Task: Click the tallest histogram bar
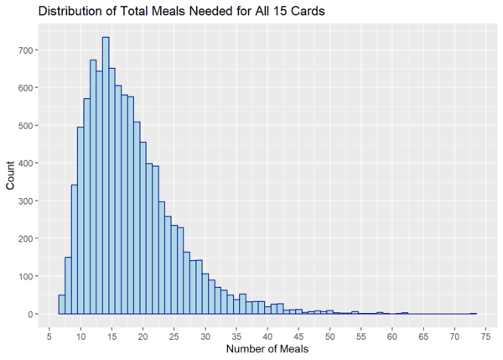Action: pyautogui.click(x=106, y=176)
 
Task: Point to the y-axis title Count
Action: pyautogui.click(x=11, y=175)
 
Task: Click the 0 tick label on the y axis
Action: pyautogui.click(x=31, y=315)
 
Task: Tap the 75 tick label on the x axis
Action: pyautogui.click(x=486, y=335)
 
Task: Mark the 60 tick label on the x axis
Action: pyautogui.click(x=393, y=335)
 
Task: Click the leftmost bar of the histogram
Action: pyautogui.click(x=61, y=305)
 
